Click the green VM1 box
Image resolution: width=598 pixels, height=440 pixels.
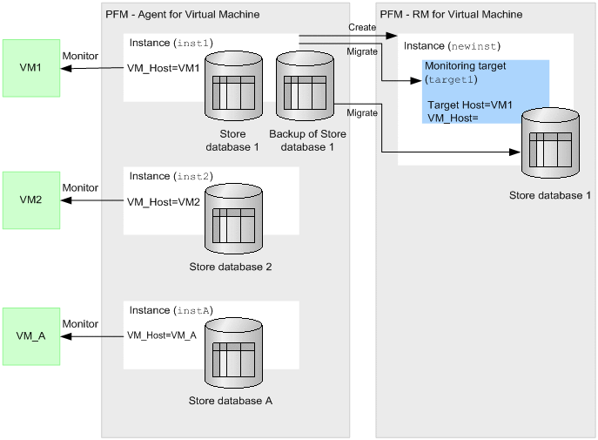[31, 68]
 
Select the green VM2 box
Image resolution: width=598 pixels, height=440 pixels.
[31, 200]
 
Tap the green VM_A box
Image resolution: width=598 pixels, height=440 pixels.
[31, 335]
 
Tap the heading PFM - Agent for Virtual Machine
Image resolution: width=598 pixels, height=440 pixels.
[182, 15]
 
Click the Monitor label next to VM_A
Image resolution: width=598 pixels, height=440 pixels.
[80, 323]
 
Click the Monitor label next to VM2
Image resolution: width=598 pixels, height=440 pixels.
[80, 188]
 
